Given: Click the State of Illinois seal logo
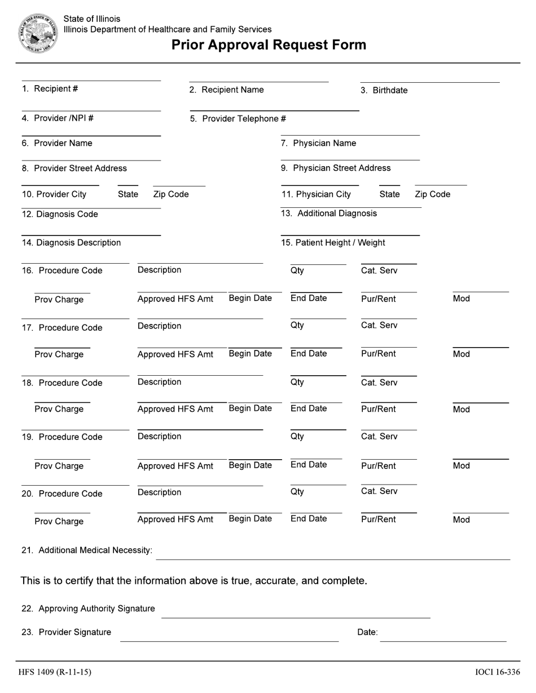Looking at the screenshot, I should [x=38, y=34].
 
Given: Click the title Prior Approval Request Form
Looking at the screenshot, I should [x=269, y=45].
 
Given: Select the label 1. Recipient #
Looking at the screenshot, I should [x=50, y=89].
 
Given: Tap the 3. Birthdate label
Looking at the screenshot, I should [x=384, y=91].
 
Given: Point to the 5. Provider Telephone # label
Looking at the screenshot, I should [x=238, y=119].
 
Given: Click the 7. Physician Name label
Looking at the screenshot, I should [x=319, y=144].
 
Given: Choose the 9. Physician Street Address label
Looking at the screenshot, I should [x=336, y=168].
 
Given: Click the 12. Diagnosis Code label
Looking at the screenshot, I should [x=60, y=214].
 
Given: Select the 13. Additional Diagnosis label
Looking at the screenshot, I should [x=329, y=214].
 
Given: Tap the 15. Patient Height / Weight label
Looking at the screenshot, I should [x=333, y=243].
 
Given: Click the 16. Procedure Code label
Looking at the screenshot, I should [x=62, y=271].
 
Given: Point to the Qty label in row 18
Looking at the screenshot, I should [x=297, y=383].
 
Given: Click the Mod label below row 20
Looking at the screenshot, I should [x=461, y=520].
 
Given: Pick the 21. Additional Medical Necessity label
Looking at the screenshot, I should [x=87, y=550].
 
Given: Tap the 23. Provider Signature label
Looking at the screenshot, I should [x=66, y=633].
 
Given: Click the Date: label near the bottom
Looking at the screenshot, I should [x=367, y=633].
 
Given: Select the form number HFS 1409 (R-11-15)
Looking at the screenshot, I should [x=55, y=672].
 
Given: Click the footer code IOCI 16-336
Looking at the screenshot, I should [x=497, y=672].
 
